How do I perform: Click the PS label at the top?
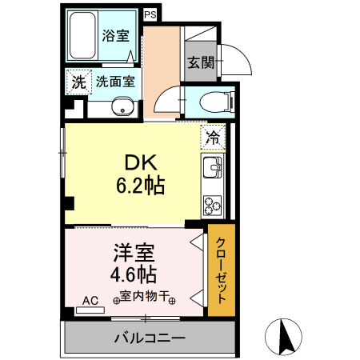click(x=150, y=14)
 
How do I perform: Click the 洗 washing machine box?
click(x=78, y=81)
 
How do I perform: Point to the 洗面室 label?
click(x=114, y=81)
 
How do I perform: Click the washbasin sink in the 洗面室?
click(x=122, y=106)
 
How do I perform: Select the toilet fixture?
click(x=215, y=102)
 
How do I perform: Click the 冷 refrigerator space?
click(x=213, y=136)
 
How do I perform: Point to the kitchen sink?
click(x=213, y=169)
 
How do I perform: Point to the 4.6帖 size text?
click(x=133, y=274)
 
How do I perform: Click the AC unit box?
click(x=90, y=301)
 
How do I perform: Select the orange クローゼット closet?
click(x=221, y=270)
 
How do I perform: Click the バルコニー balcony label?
click(x=149, y=338)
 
